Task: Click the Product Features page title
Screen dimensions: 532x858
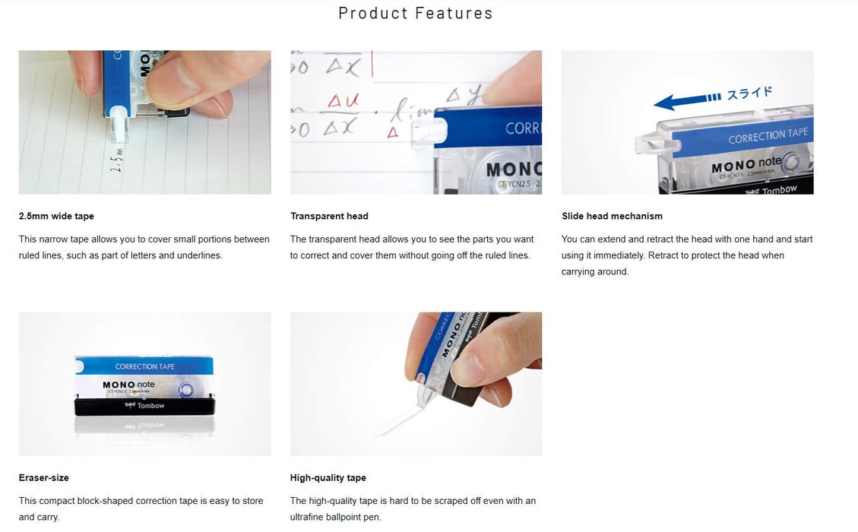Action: (415, 14)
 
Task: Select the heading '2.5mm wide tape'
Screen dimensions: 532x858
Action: (56, 216)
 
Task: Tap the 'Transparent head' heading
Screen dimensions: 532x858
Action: (329, 216)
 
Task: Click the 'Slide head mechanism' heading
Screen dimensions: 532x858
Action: (612, 216)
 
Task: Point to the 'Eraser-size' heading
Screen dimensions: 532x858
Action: (43, 477)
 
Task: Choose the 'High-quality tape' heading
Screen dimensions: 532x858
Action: (328, 477)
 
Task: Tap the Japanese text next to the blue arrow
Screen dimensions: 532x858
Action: (749, 93)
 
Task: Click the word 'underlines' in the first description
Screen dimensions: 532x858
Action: (200, 255)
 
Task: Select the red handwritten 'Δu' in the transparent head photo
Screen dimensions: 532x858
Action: (343, 101)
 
